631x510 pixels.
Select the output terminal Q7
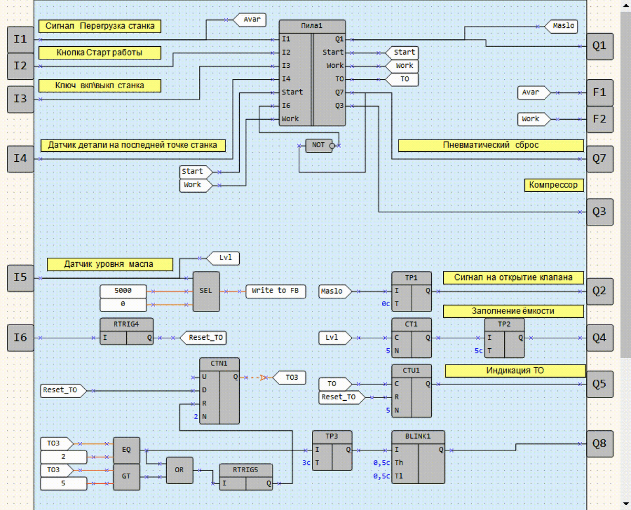(599, 159)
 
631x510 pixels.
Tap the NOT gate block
(319, 145)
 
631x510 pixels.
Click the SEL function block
(206, 290)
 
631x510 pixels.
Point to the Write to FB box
(276, 291)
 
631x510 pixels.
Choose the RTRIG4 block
(126, 331)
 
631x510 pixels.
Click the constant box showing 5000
(123, 291)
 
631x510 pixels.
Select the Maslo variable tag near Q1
(564, 25)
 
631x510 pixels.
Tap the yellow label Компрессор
(553, 185)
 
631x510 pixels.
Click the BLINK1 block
(418, 457)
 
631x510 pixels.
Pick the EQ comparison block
(127, 450)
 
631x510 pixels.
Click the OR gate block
(179, 470)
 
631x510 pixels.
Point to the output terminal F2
(599, 119)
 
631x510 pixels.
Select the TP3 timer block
(332, 451)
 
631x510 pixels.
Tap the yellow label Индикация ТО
(515, 371)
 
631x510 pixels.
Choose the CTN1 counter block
(219, 391)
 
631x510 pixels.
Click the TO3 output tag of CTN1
(289, 377)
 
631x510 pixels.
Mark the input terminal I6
(20, 337)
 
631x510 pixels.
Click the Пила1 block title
(312, 26)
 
